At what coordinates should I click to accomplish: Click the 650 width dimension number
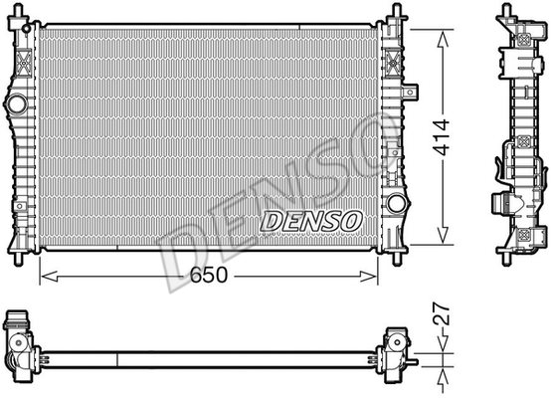(209, 275)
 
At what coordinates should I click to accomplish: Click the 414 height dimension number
(442, 137)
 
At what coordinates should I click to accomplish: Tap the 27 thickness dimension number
(442, 313)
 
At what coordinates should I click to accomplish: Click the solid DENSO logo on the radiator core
(311, 222)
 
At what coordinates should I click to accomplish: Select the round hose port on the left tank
(17, 104)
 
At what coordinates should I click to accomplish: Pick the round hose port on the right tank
(397, 204)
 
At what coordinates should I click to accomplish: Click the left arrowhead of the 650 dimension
(50, 277)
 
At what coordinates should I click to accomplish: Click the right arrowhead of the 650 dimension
(368, 277)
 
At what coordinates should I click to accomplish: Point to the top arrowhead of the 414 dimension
(443, 39)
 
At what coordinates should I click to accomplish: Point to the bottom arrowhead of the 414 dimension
(443, 235)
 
